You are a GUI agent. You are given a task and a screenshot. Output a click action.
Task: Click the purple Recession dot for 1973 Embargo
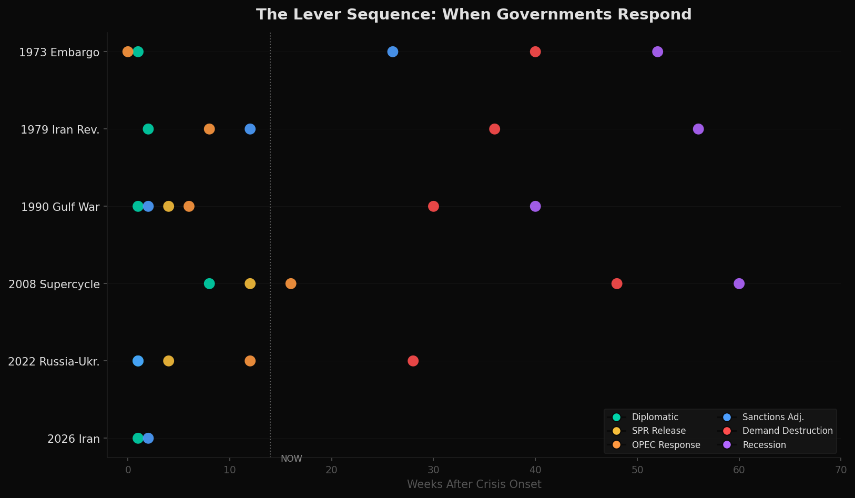(x=657, y=52)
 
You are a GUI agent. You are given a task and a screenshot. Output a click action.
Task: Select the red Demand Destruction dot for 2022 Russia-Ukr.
(x=413, y=361)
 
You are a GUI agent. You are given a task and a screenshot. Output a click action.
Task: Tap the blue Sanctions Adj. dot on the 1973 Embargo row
(x=392, y=52)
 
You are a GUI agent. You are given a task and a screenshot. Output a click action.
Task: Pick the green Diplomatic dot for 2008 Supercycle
(x=209, y=283)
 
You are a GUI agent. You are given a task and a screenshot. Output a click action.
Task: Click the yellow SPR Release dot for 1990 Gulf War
(x=168, y=206)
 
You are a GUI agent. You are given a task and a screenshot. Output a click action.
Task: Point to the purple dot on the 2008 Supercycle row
(x=739, y=283)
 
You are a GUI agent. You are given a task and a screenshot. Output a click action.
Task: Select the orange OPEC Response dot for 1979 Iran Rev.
(x=209, y=129)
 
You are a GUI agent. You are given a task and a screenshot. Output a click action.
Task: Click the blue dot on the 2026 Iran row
(x=148, y=438)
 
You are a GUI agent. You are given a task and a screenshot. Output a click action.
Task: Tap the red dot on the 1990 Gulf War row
(x=433, y=206)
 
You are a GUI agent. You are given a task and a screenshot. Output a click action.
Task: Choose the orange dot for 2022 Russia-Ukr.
(x=250, y=361)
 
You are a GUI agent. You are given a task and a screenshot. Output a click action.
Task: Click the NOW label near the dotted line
(x=291, y=459)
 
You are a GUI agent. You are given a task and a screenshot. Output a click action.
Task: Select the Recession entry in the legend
(x=764, y=445)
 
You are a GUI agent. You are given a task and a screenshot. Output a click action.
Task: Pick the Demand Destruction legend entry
(x=787, y=431)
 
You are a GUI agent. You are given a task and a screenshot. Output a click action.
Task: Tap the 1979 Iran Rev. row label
(x=60, y=129)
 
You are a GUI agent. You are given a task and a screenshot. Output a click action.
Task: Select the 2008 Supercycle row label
(x=54, y=284)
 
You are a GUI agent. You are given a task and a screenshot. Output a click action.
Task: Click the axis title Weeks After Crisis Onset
(x=474, y=484)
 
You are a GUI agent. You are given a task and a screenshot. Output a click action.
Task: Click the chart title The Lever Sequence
(x=473, y=15)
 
